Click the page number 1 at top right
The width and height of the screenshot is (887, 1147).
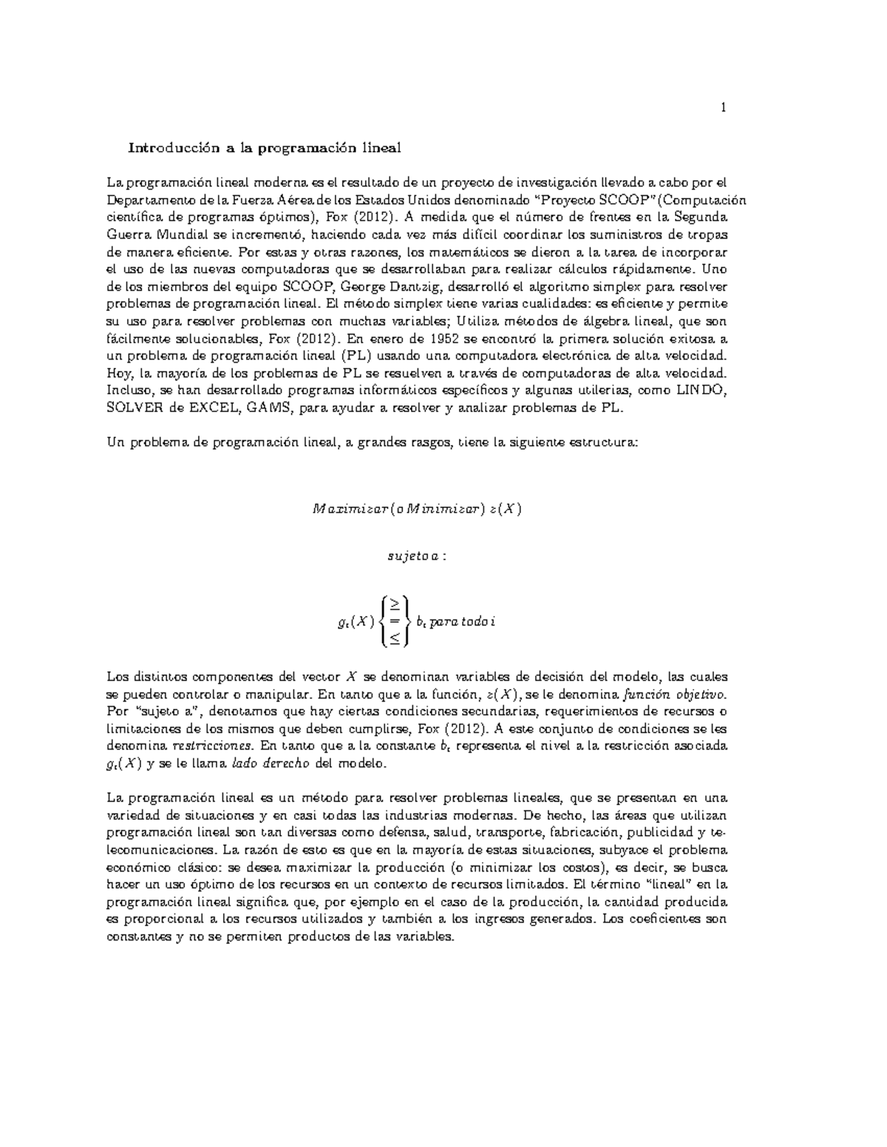(724, 109)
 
